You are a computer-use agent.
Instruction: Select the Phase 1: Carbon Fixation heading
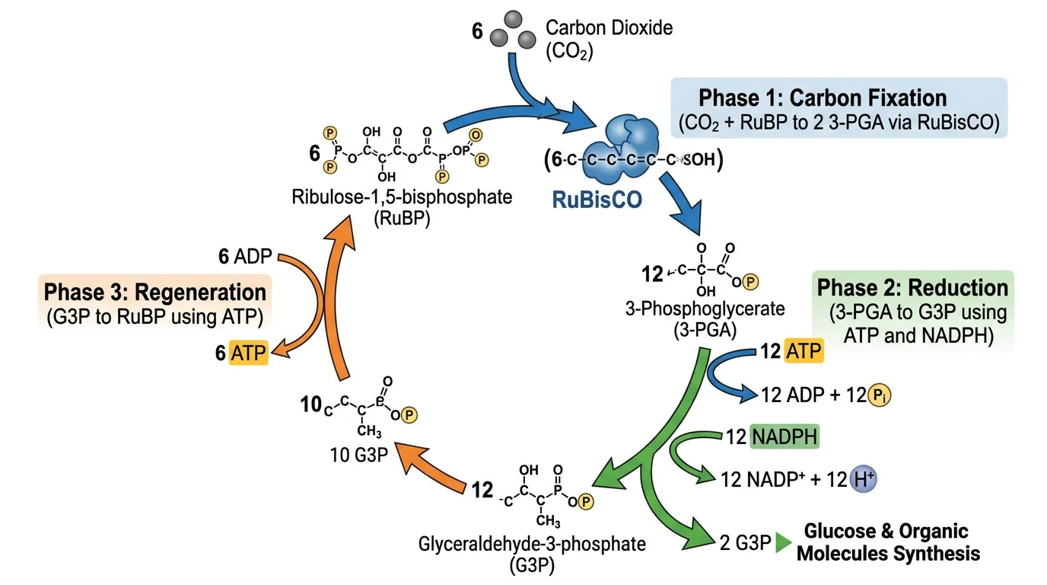(x=823, y=98)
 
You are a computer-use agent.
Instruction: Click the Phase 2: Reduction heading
(x=912, y=289)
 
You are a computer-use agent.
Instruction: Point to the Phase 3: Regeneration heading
(x=155, y=292)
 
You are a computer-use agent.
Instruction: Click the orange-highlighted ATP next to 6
(x=250, y=353)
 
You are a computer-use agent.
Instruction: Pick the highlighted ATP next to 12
(x=804, y=352)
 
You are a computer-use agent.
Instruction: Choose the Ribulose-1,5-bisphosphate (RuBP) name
(x=402, y=206)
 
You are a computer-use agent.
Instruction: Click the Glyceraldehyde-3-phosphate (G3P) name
(x=532, y=555)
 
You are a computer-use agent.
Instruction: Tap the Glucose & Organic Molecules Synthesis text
(x=887, y=542)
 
